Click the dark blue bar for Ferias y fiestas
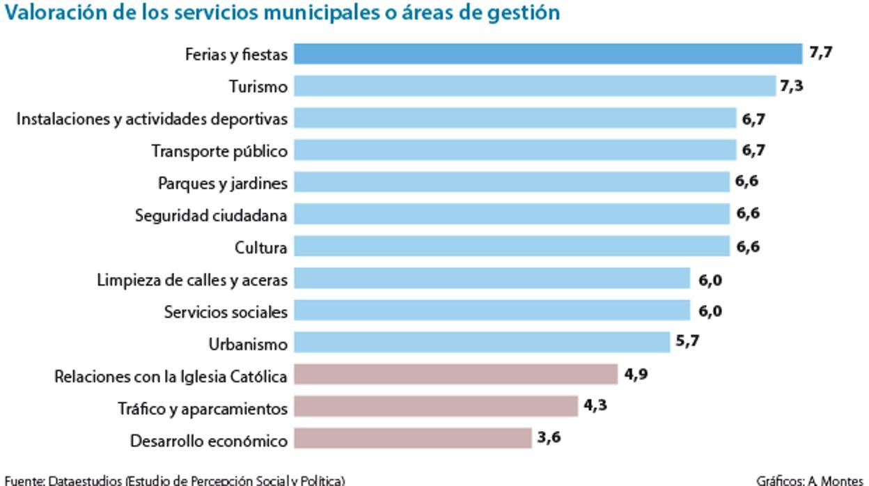pos(547,54)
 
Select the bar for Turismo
pos(534,86)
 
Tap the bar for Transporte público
pos(515,150)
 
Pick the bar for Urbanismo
pos(481,343)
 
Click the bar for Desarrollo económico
pos(412,439)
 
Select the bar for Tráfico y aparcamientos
pos(435,407)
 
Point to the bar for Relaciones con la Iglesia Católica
pos(455,375)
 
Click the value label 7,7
pos(821,52)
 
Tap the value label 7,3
pos(792,86)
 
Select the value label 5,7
pos(687,342)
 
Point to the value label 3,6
pos(549,438)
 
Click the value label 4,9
pos(636,374)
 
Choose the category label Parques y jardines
pos(222,183)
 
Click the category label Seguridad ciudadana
pos(211,215)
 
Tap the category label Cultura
pos(260,247)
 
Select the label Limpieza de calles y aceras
pos(192,280)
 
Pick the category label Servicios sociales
pos(226,312)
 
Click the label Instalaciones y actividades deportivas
pos(152,119)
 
